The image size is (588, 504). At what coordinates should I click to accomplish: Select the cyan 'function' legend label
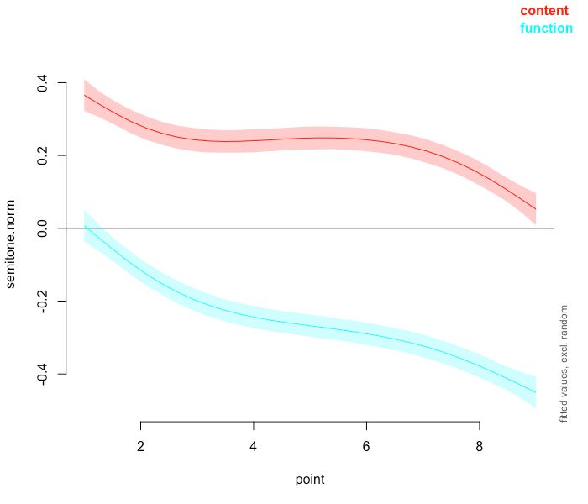[546, 29]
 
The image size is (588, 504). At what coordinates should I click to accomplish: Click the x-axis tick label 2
[140, 444]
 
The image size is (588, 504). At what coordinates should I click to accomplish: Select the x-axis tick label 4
[253, 444]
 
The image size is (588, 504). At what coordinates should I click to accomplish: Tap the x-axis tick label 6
[366, 444]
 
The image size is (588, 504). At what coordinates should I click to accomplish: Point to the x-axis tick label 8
[479, 444]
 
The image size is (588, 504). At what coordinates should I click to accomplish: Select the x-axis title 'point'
[309, 480]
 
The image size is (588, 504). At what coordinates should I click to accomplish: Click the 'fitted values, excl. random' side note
[564, 363]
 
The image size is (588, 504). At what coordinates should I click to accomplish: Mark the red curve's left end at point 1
[84, 95]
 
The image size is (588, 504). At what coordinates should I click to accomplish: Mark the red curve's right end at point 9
[536, 209]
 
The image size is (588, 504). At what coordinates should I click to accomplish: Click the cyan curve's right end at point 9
[536, 392]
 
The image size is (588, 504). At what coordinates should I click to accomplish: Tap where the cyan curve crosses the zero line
[87, 228]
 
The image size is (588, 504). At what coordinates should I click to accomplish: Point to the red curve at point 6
[366, 139]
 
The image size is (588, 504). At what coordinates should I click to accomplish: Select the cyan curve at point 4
[253, 316]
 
